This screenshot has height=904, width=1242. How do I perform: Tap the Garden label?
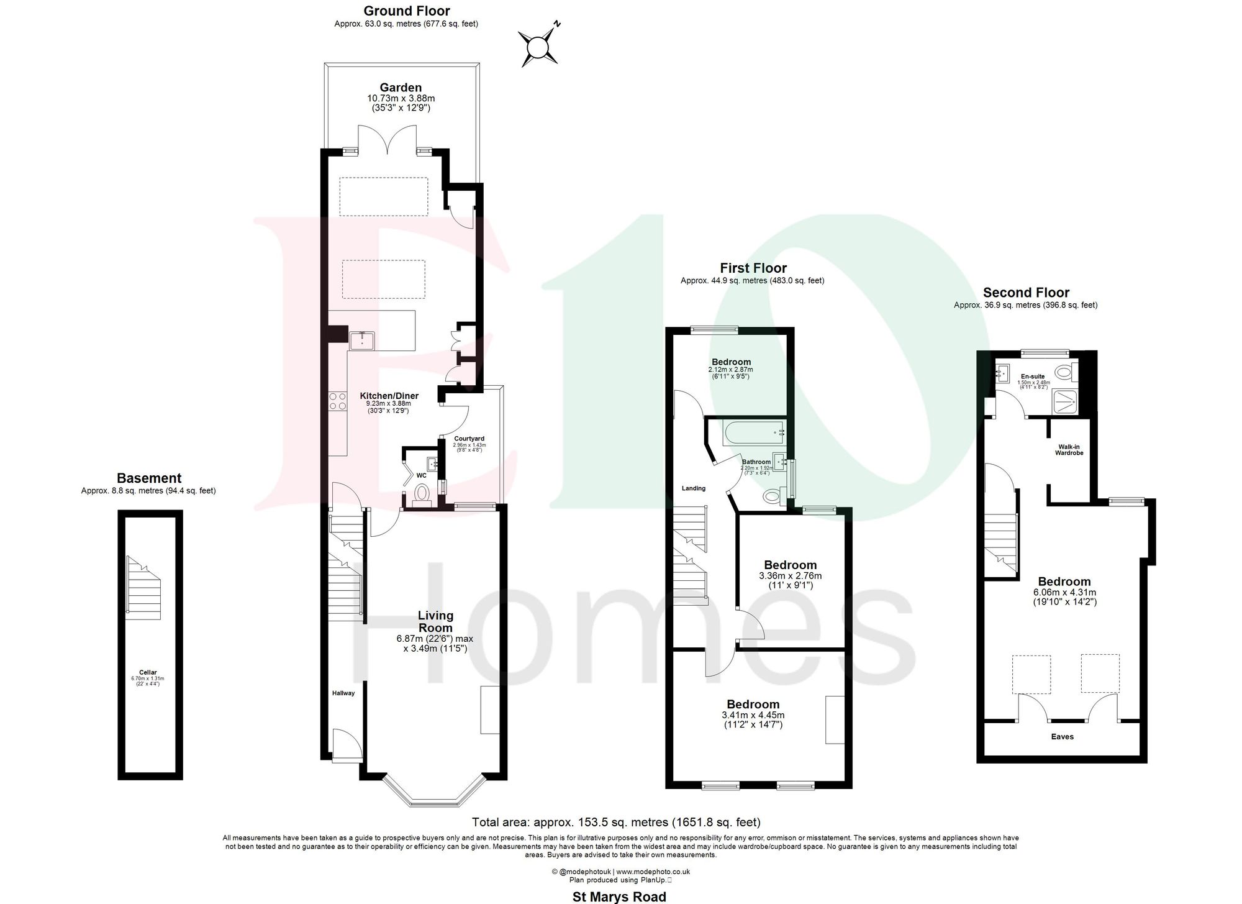401,88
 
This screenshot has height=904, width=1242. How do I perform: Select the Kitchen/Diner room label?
389,396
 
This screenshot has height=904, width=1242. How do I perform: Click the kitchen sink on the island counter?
361,340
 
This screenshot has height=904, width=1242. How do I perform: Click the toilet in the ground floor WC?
422,494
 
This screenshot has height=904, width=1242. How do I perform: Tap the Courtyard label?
469,439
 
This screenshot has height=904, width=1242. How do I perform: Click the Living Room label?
435,621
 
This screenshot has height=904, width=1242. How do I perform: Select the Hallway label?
343,693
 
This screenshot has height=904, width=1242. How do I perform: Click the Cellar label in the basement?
148,672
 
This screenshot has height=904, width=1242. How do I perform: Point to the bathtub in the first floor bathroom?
751,431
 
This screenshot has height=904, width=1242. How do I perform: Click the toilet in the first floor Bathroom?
773,495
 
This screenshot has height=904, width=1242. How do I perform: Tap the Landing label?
694,488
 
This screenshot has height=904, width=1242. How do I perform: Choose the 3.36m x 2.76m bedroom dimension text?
790,576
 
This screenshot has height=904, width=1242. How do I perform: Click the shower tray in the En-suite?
1063,403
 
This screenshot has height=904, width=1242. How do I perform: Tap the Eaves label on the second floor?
1063,737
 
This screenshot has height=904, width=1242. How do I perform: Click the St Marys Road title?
619,897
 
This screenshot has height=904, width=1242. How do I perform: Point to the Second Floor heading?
1026,293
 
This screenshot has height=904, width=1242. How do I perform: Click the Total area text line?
616,823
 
